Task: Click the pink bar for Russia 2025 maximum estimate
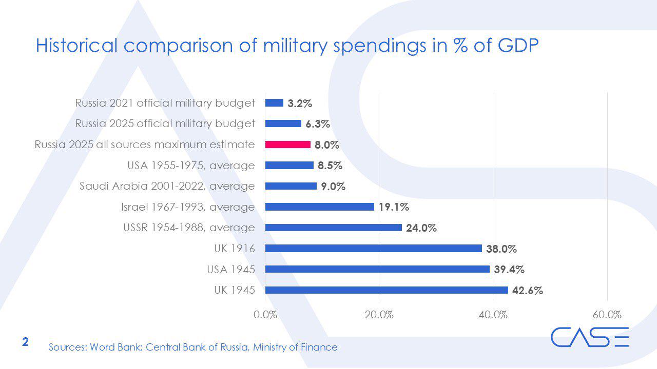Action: (287, 145)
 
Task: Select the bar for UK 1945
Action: (386, 290)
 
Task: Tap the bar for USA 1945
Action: (377, 269)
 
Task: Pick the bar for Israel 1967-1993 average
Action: (319, 207)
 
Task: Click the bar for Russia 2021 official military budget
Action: (274, 103)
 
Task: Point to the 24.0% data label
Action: (421, 228)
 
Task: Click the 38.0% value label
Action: (501, 249)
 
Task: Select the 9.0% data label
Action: (333, 187)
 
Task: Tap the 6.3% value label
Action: (318, 124)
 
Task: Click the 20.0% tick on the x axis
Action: (379, 315)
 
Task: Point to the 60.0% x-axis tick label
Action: (607, 315)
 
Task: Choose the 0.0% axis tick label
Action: (265, 315)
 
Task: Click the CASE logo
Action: (590, 337)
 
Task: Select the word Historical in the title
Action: (77, 46)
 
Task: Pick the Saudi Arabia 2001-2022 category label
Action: (167, 186)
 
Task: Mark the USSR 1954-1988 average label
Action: (189, 228)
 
